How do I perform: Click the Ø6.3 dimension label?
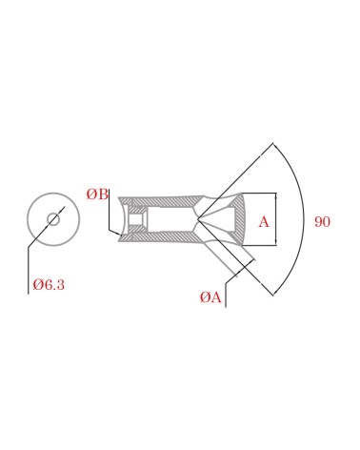coord(49,284)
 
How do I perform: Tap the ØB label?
coord(97,194)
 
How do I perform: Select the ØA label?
coord(210,297)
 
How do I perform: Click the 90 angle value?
coord(322,221)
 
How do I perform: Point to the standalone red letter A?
coord(264,221)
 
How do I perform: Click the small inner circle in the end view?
coord(53,219)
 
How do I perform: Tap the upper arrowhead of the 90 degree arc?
coord(275,146)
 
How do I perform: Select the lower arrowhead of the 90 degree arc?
coord(275,293)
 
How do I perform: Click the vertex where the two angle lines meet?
coord(197,218)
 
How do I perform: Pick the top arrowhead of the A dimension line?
coord(275,195)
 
